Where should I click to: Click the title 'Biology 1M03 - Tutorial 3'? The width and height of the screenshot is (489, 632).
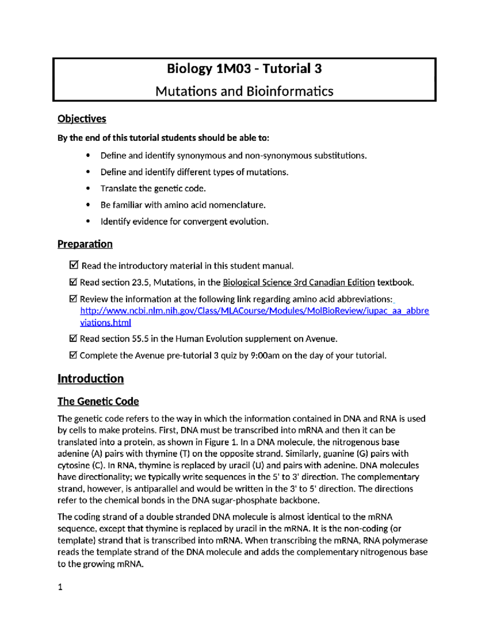(244, 68)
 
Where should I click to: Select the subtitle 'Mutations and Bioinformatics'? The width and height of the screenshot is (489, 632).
(244, 91)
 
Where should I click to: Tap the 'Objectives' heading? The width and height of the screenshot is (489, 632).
(81, 119)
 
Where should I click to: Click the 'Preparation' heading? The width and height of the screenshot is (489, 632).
(85, 244)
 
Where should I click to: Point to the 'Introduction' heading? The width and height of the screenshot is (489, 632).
(90, 378)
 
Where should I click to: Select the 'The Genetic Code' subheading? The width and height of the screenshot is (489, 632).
(98, 401)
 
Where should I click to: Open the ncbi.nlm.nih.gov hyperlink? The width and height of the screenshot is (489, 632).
(254, 311)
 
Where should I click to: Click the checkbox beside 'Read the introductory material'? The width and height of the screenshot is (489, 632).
(74, 265)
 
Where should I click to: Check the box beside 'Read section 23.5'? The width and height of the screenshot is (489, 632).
(73, 282)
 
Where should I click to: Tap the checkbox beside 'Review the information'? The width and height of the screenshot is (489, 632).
(73, 299)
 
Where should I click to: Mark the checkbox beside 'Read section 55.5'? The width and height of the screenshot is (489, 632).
(73, 338)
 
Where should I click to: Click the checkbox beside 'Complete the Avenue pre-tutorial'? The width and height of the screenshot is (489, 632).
(73, 355)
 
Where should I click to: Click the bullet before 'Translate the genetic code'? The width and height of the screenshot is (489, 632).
(88, 188)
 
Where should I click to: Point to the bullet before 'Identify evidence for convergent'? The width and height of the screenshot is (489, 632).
(88, 221)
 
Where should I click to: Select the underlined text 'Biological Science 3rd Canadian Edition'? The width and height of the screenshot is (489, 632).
(298, 282)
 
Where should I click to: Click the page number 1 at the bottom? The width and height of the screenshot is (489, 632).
(60, 587)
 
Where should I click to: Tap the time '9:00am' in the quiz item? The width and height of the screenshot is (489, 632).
(265, 356)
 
